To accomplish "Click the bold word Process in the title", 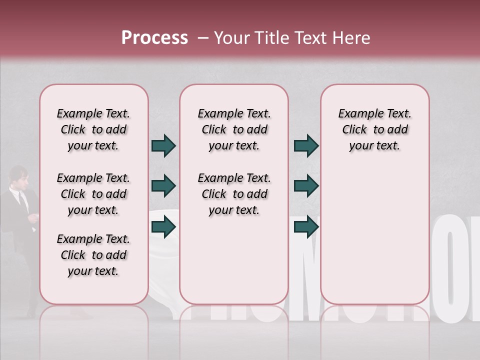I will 154,38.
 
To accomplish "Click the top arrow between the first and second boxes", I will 163,145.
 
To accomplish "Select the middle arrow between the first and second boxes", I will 163,186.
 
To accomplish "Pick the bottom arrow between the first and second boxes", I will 163,227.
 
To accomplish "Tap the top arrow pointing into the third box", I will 306,145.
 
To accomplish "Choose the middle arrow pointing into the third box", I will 306,186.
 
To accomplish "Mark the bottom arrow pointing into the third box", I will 306,227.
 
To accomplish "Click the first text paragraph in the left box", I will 93,129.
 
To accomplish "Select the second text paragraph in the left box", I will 93,194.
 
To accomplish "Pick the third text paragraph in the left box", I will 93,255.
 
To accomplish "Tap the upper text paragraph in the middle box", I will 234,129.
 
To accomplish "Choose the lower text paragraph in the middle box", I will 234,194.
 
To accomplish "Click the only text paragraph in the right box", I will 375,129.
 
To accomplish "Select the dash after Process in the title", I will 203,38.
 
